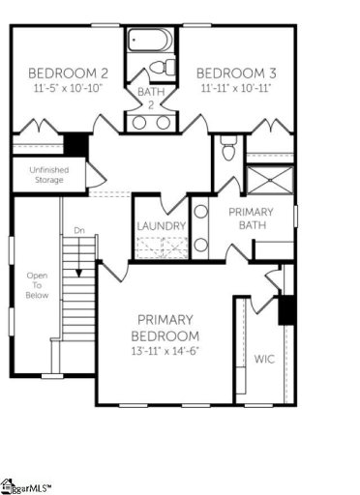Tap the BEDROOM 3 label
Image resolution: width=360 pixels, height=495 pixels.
point(232,73)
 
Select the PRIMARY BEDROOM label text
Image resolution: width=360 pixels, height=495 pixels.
point(167,327)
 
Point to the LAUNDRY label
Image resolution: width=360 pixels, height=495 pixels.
point(161,226)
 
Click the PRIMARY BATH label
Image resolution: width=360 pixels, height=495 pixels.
point(250,218)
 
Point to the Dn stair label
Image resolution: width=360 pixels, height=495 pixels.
point(78,231)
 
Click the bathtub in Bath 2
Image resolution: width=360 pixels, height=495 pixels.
point(151,41)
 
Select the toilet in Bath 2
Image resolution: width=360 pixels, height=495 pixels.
point(167,68)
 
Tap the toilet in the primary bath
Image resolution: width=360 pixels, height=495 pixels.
point(228,150)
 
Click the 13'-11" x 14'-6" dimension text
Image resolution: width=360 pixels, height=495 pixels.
point(167,351)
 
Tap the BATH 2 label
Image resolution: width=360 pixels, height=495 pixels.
point(150,98)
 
